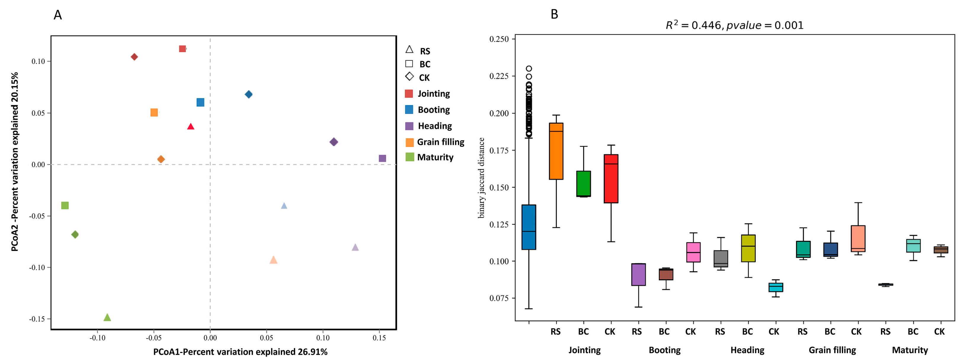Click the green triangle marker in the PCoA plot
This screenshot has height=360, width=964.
(x=107, y=318)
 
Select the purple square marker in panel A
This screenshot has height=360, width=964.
(x=382, y=158)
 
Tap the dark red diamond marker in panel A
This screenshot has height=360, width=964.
(x=134, y=57)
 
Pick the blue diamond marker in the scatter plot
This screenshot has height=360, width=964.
(x=249, y=94)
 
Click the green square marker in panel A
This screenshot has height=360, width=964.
(x=65, y=205)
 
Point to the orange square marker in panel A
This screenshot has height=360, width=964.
(x=154, y=113)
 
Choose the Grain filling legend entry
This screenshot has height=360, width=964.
(x=435, y=142)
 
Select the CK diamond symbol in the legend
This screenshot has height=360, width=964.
(x=409, y=77)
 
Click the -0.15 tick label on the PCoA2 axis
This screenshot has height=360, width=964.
(x=37, y=319)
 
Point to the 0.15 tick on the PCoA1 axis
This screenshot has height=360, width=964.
(x=379, y=338)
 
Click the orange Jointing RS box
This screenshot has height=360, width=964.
(x=556, y=151)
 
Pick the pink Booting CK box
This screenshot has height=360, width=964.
(x=694, y=252)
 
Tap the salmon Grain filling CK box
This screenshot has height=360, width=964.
(x=858, y=239)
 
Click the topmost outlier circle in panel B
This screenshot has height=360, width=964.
(x=529, y=68)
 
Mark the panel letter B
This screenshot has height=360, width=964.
(x=554, y=14)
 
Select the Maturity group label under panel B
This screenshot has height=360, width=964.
(x=910, y=350)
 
